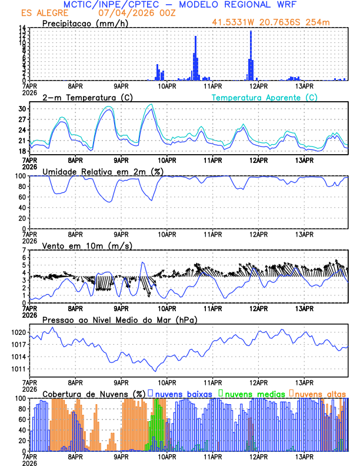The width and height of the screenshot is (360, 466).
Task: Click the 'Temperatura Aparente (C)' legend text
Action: click(x=265, y=97)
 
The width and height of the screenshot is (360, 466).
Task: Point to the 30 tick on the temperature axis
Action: click(x=23, y=109)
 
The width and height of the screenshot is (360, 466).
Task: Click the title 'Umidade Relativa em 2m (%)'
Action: click(x=103, y=171)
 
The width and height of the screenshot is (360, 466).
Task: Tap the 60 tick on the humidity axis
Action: click(x=22, y=197)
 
